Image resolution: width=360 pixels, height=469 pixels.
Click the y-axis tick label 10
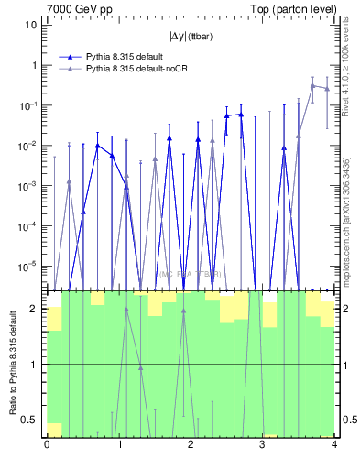[x=31, y=25]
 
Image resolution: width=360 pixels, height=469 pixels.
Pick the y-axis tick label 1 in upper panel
[x=34, y=65]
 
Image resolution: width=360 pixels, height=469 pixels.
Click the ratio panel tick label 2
[x=34, y=309]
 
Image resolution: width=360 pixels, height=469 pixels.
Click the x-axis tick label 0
[x=47, y=446]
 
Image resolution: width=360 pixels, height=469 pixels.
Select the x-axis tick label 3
[x=262, y=446]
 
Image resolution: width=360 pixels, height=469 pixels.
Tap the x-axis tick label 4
[x=333, y=446]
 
